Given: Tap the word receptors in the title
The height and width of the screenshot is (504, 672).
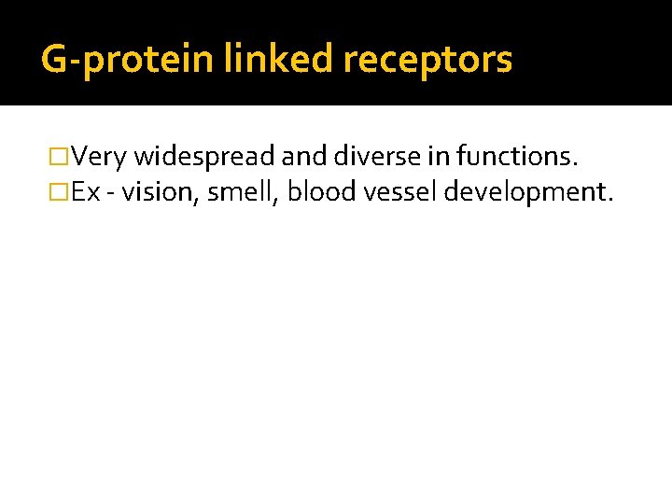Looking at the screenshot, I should (x=427, y=60).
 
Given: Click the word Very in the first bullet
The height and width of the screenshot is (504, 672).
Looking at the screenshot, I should (x=100, y=157).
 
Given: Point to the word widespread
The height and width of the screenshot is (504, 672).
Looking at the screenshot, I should (x=204, y=157).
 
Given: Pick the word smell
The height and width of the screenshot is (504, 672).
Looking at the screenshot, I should (x=239, y=192).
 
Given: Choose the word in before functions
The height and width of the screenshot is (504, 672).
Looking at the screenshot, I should (x=439, y=157).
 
